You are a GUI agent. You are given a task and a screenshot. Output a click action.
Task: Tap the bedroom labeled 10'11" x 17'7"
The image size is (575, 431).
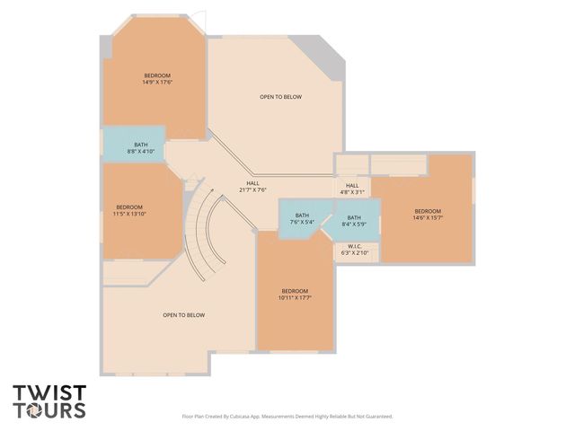point(295,295)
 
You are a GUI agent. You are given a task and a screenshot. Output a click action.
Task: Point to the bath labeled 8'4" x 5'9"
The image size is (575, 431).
point(354,218)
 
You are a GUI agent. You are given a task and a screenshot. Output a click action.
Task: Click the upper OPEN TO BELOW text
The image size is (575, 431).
point(280,97)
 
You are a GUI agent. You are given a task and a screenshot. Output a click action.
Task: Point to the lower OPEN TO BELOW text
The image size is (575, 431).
point(184,315)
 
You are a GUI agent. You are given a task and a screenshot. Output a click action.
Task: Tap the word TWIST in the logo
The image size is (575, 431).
point(49,392)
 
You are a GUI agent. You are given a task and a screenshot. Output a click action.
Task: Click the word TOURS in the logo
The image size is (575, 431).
point(49,410)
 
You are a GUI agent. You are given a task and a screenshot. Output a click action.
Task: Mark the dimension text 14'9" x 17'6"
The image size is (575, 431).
point(157,82)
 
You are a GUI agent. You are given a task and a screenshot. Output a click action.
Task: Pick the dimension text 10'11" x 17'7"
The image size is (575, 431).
point(295,297)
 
